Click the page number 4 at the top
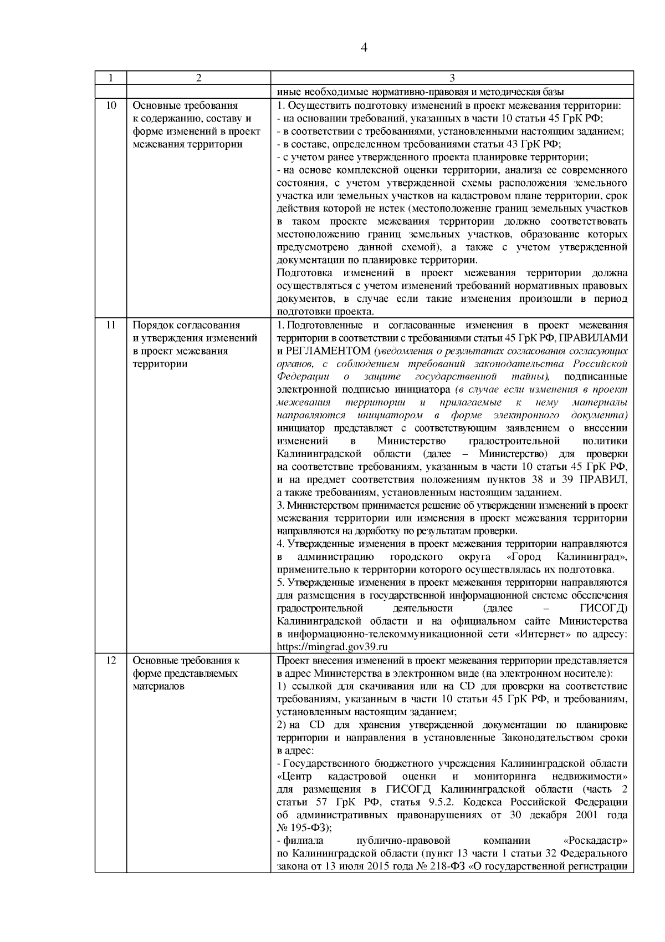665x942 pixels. pos(364,47)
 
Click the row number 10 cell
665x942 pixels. pos(110,105)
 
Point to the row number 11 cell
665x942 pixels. pos(110,325)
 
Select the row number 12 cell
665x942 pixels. pos(110,661)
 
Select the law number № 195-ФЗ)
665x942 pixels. pos(304,828)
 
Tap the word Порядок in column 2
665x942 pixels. pos(150,325)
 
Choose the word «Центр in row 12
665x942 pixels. pos(294,776)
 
